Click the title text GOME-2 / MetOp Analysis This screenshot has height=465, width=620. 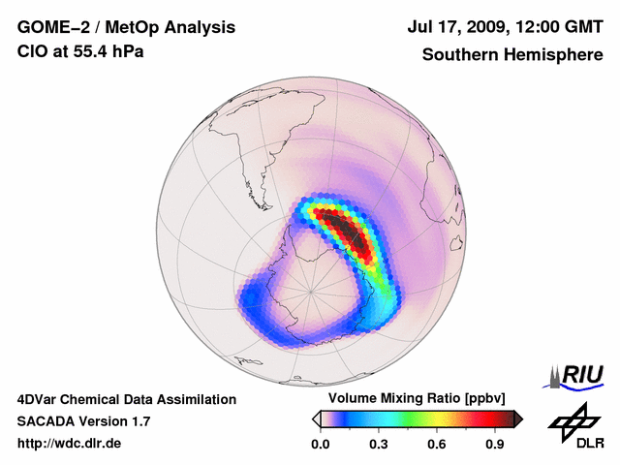click(x=126, y=28)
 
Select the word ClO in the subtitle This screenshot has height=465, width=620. click(x=32, y=51)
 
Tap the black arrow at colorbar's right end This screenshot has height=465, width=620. click(x=518, y=418)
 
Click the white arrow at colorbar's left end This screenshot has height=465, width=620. click(x=316, y=418)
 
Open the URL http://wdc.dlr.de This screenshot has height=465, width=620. click(x=70, y=444)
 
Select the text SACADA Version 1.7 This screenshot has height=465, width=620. click(x=83, y=421)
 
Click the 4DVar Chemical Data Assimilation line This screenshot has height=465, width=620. click(x=127, y=399)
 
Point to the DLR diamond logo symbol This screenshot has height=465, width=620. click(x=572, y=418)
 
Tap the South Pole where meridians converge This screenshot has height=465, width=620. click(x=311, y=290)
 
